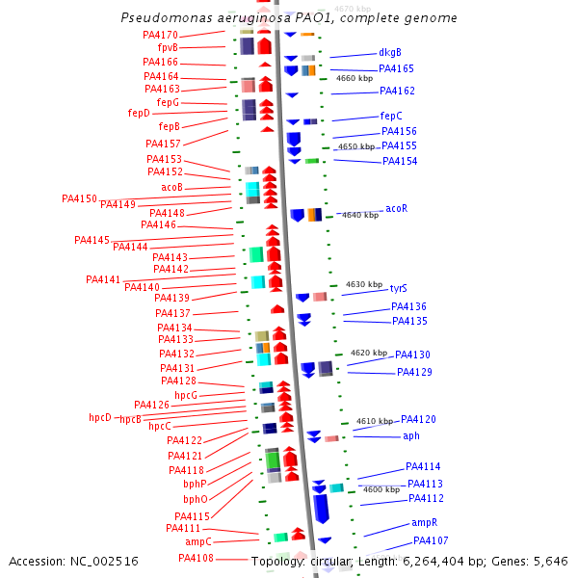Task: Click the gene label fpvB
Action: coord(167,47)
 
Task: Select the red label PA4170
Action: coord(159,35)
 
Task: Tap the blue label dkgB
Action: coord(390,52)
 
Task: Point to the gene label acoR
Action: coord(396,208)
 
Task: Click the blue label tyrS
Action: coord(398,288)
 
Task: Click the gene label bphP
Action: coord(195,484)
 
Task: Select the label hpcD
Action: coord(100,418)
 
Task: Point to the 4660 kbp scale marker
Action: coord(354,78)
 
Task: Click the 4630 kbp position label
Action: coord(364,284)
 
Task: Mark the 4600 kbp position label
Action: coord(381,489)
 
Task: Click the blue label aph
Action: coord(411,435)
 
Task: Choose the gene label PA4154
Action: coord(400,161)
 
